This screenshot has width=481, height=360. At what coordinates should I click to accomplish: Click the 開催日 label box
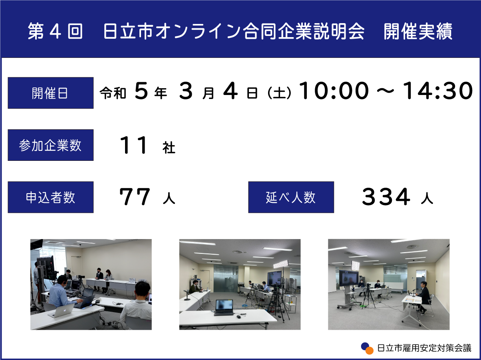pyautogui.click(x=51, y=93)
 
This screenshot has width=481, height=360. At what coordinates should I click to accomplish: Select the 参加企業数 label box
pyautogui.click(x=51, y=145)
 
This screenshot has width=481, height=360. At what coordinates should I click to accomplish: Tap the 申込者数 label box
pyautogui.click(x=51, y=197)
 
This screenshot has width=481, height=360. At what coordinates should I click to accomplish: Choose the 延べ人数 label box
pyautogui.click(x=291, y=197)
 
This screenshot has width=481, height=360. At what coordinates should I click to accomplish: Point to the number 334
pyautogui.click(x=386, y=197)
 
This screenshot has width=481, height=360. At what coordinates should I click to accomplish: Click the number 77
pyautogui.click(x=135, y=197)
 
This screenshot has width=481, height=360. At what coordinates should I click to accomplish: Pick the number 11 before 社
pyautogui.click(x=134, y=145)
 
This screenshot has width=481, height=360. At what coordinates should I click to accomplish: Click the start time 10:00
pyautogui.click(x=334, y=91)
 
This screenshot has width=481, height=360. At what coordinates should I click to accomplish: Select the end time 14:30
pyautogui.click(x=438, y=91)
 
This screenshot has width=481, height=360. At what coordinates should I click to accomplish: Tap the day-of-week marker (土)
pyautogui.click(x=279, y=93)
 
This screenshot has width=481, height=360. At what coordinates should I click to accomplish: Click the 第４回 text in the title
pyautogui.click(x=55, y=31)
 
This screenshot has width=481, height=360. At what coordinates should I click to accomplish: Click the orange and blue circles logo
pyautogui.click(x=367, y=348)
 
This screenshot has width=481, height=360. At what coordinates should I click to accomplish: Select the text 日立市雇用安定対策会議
pyautogui.click(x=424, y=348)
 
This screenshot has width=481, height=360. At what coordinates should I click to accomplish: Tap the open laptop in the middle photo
pyautogui.click(x=223, y=307)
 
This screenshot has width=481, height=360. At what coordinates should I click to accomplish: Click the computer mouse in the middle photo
pyautogui.click(x=239, y=316)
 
